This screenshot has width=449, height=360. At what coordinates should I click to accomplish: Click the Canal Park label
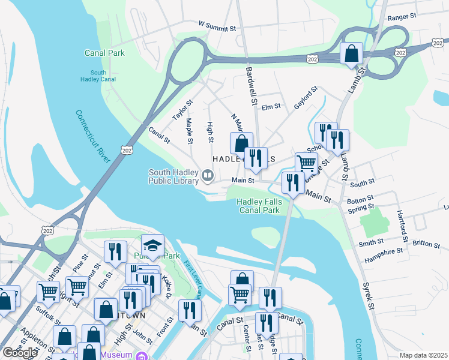click(105, 53)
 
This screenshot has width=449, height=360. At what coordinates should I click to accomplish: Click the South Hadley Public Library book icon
click(208, 176)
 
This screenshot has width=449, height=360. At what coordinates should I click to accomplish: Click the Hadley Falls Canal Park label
click(259, 206)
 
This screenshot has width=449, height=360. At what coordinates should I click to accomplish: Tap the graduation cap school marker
click(152, 246)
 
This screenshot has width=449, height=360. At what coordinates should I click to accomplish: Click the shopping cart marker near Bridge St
click(306, 163)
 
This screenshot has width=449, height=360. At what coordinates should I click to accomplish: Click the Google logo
click(20, 352)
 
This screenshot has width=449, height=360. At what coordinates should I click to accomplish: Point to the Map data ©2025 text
click(423, 355)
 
